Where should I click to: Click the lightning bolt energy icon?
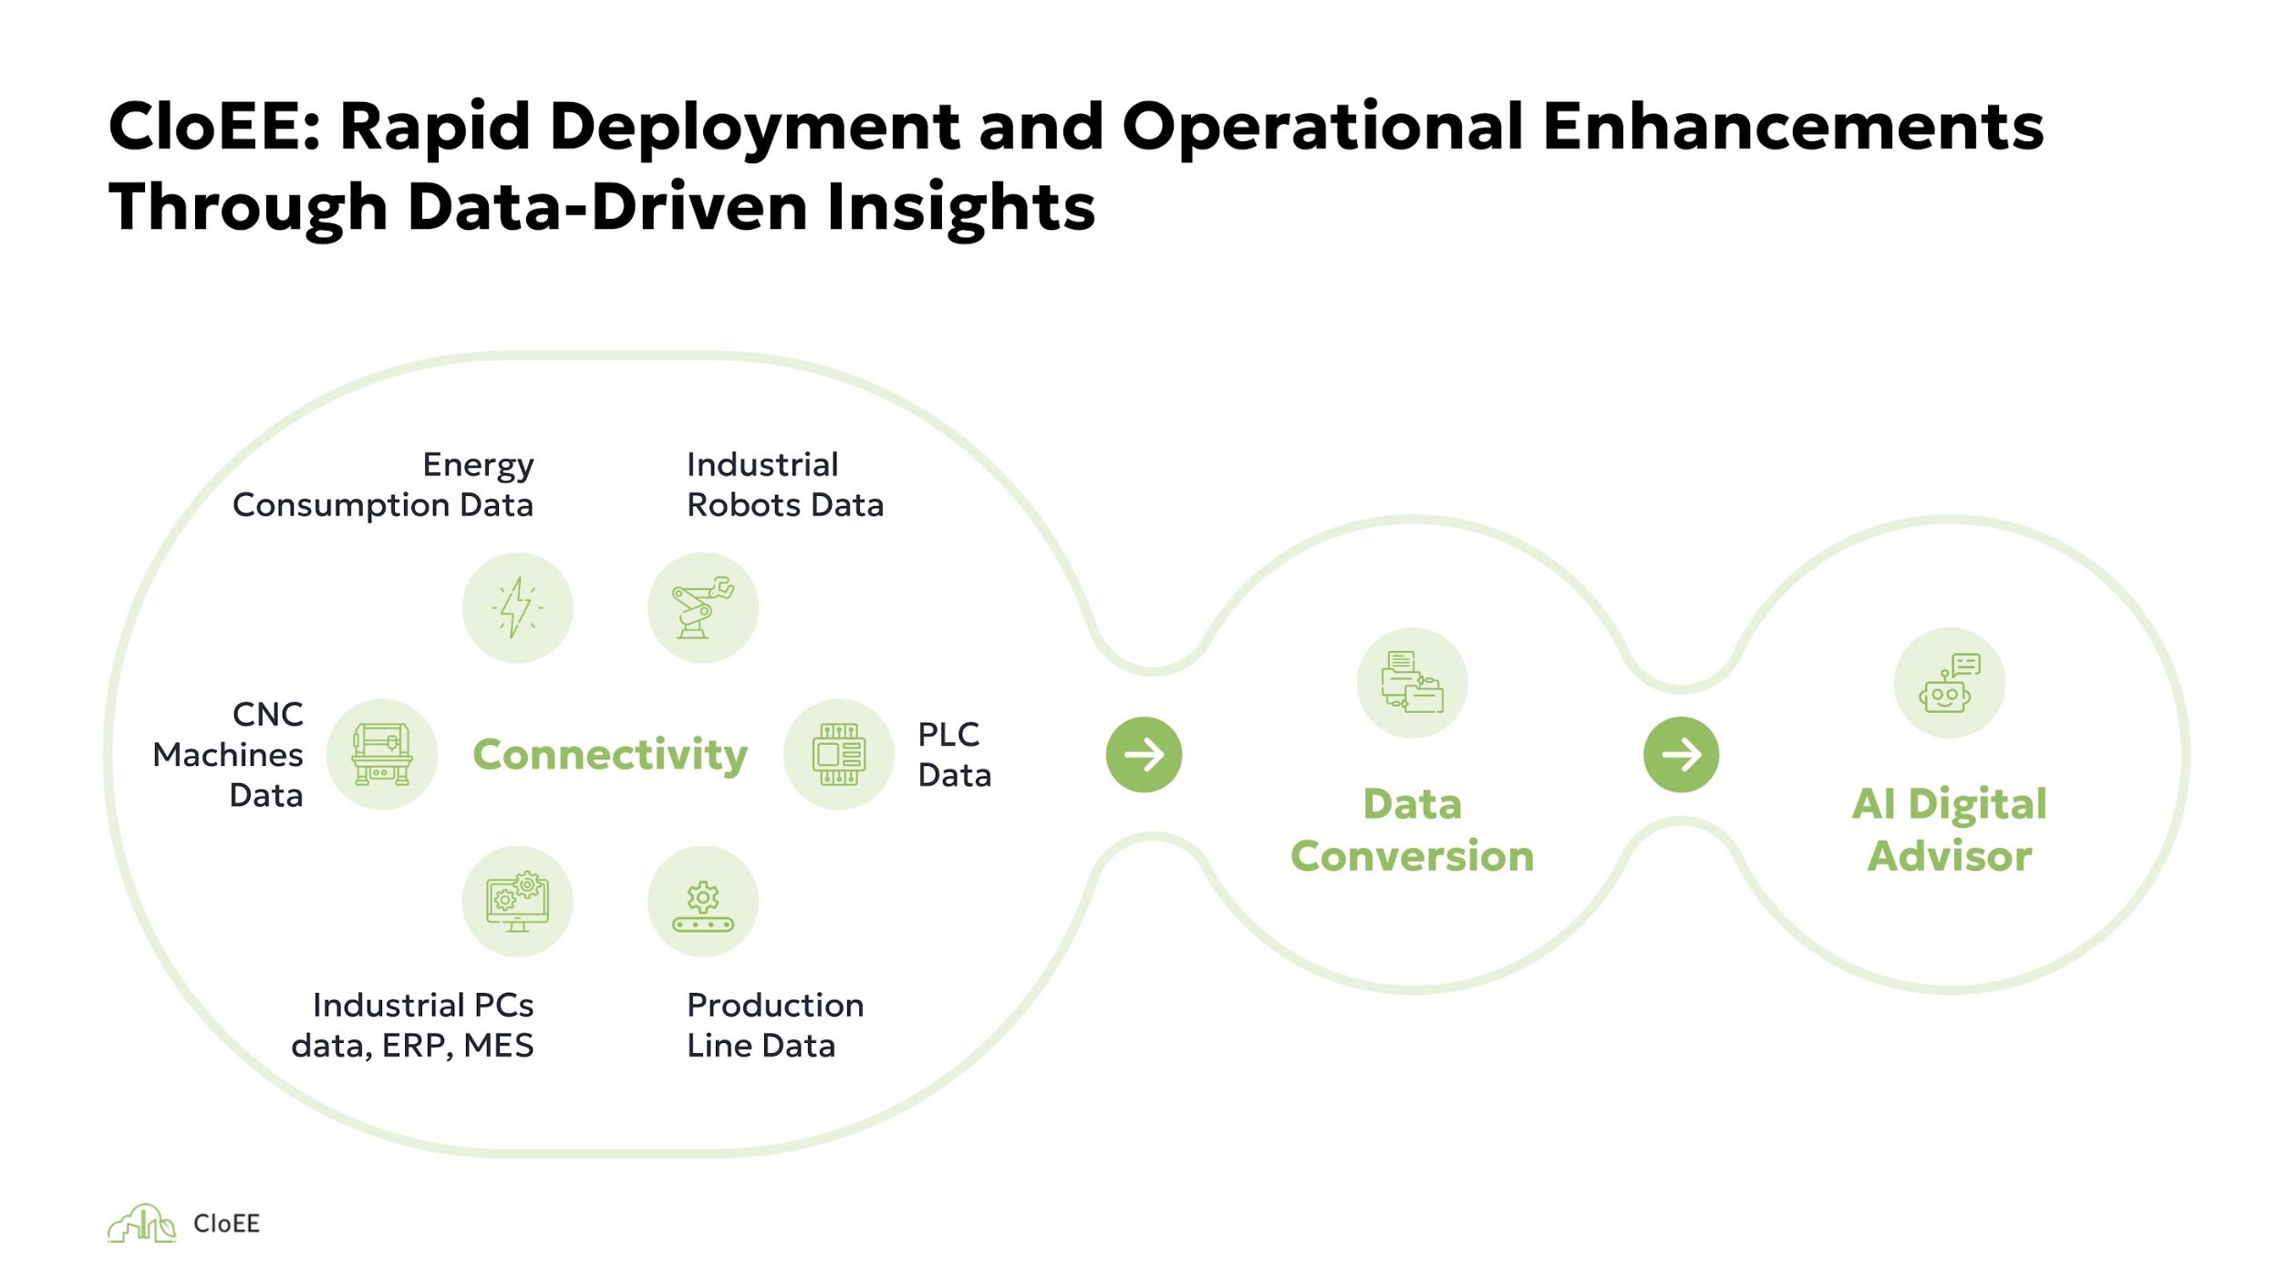click(x=517, y=607)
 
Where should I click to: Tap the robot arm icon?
click(x=702, y=607)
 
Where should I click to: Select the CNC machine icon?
click(x=382, y=754)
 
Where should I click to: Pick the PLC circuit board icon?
click(x=838, y=754)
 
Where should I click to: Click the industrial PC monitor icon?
click(x=517, y=902)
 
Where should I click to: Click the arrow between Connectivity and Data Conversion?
click(x=1144, y=754)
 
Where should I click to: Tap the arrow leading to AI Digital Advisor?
click(x=1681, y=754)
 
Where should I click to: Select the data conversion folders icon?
click(x=1412, y=682)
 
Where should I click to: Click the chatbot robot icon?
click(x=1949, y=682)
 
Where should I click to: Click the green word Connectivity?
click(x=610, y=755)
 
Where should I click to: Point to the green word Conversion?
click(x=1412, y=856)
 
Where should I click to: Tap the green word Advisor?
click(x=1950, y=856)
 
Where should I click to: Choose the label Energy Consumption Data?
click(x=383, y=484)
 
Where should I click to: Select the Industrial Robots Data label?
click(x=784, y=484)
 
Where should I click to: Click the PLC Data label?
click(x=954, y=754)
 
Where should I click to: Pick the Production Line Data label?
click(x=774, y=1025)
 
